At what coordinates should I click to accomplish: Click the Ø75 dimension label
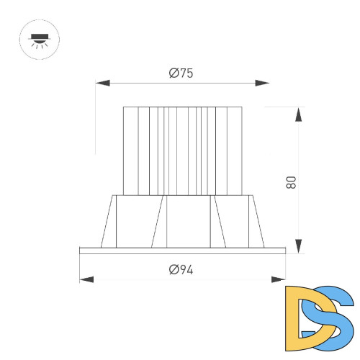[181, 73]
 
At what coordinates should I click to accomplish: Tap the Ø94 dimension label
[181, 270]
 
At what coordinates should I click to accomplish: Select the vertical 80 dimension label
[292, 182]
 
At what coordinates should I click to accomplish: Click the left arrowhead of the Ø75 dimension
[102, 84]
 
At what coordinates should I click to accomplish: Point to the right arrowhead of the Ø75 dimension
[262, 84]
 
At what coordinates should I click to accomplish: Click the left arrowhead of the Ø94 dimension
[86, 279]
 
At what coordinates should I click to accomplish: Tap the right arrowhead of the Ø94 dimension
[279, 279]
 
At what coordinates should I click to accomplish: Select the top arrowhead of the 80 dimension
[298, 114]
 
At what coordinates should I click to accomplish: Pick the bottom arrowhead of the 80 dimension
[298, 246]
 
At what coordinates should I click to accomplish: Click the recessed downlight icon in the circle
[40, 40]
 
